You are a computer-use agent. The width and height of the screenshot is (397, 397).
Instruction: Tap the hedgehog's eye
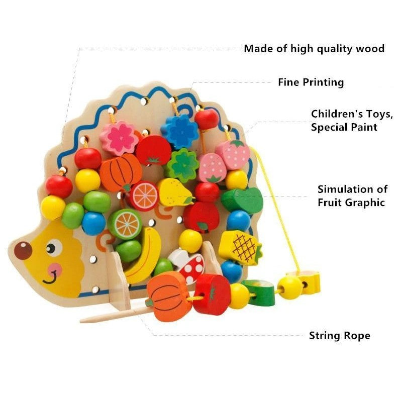tap(53, 247)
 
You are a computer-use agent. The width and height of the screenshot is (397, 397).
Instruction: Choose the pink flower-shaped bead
tap(119, 137)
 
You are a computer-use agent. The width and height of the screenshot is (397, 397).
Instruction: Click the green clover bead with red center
tap(182, 165)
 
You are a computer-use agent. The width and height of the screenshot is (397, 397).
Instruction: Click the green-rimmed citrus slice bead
tap(125, 224)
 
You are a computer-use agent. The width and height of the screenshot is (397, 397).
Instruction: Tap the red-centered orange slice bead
tap(144, 195)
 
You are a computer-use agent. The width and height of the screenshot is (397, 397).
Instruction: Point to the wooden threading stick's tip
tap(83, 319)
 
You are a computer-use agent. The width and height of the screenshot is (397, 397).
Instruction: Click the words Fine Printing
tap(311, 82)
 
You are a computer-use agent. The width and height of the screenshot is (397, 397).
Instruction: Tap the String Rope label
tap(339, 336)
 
